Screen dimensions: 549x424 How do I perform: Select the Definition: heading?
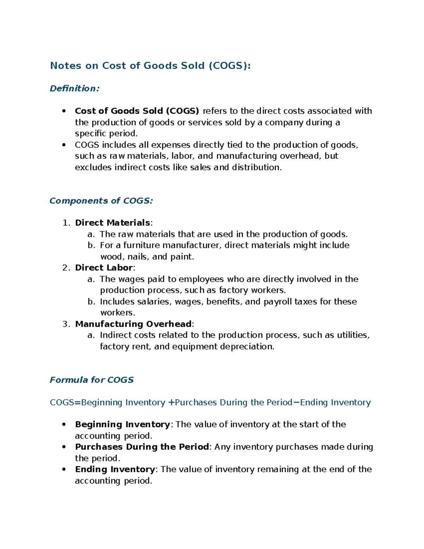(x=75, y=88)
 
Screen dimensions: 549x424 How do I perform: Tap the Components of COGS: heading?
(x=101, y=201)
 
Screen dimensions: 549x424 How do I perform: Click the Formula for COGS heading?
(x=92, y=380)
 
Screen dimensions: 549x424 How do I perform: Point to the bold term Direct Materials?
(x=113, y=223)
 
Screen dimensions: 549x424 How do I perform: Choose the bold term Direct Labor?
(x=104, y=268)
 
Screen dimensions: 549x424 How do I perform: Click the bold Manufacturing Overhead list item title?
(x=134, y=324)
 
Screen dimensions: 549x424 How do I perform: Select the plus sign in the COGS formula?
(x=171, y=403)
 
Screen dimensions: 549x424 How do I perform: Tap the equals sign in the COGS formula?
(x=78, y=403)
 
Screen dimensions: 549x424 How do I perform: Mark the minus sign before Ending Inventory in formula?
(x=296, y=403)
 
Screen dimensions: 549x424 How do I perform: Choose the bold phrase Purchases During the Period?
(x=142, y=447)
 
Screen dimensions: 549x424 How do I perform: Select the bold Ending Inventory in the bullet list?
(x=115, y=469)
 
